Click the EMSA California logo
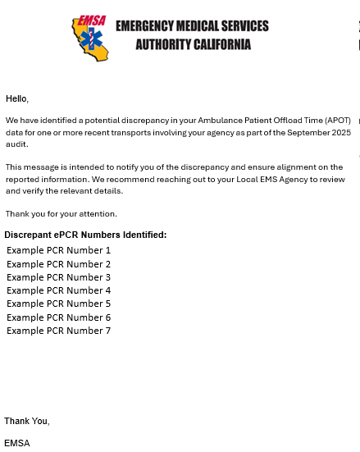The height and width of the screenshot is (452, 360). (91, 36)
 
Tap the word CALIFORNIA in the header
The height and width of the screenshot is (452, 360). (216, 44)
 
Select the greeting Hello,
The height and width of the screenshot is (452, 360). (17, 99)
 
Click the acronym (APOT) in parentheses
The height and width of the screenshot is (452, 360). (335, 121)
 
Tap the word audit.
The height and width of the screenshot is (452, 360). (16, 144)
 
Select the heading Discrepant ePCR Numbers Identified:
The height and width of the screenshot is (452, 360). (85, 235)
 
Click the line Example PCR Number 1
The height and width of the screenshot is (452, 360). (58, 250)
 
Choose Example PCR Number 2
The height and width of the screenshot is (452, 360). (58, 264)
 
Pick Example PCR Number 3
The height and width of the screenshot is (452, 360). (58, 277)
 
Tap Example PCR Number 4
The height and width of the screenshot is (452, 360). (58, 290)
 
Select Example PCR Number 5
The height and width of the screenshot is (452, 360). (58, 304)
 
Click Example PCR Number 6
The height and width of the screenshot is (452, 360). (58, 317)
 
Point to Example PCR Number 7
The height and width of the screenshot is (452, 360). (58, 331)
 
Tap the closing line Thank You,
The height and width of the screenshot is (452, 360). (27, 422)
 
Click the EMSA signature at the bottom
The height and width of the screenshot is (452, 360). (17, 443)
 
